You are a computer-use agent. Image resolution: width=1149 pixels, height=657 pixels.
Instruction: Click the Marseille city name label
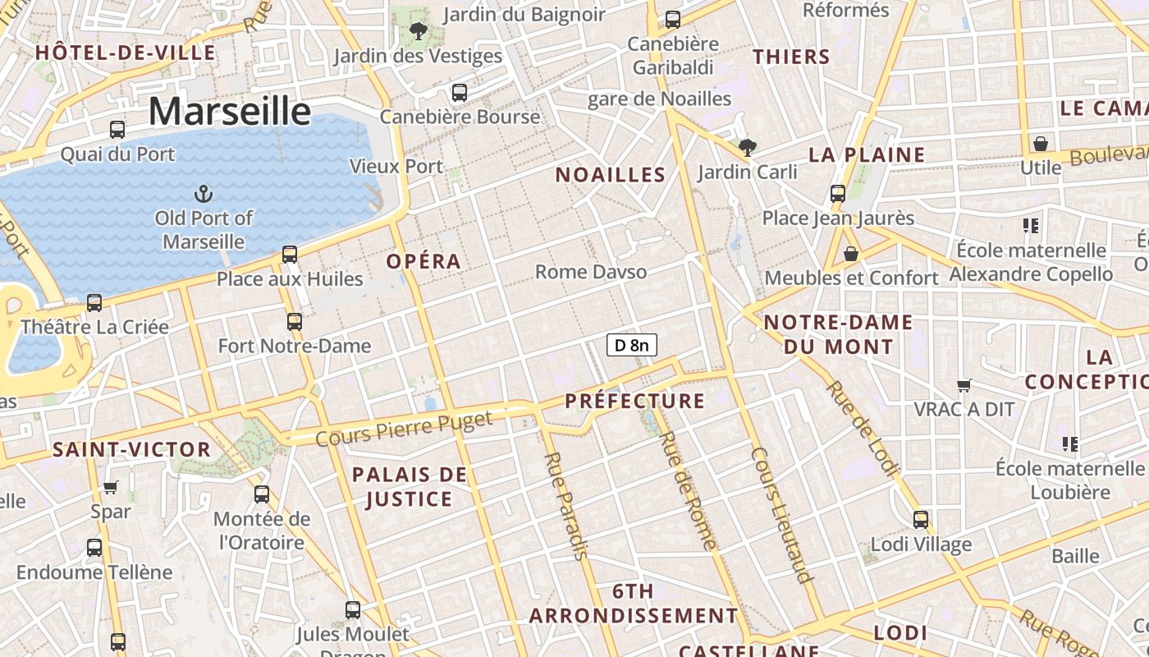click(x=230, y=111)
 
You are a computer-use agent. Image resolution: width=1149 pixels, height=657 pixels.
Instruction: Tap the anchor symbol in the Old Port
click(x=203, y=194)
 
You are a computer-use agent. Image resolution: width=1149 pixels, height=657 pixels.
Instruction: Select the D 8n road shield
click(x=632, y=345)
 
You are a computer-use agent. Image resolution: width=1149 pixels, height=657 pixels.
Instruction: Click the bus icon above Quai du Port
click(x=117, y=129)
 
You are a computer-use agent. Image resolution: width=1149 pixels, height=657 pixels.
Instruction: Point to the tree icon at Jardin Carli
click(x=747, y=148)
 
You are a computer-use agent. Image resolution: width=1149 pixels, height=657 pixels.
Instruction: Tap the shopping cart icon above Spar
click(x=111, y=487)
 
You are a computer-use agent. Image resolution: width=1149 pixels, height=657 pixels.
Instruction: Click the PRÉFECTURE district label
click(x=634, y=401)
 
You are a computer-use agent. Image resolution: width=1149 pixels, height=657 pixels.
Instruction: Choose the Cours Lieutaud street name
click(x=782, y=515)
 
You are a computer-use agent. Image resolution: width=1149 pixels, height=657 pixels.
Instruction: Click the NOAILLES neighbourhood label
click(x=610, y=174)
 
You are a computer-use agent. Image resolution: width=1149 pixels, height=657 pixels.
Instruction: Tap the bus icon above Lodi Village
click(x=921, y=519)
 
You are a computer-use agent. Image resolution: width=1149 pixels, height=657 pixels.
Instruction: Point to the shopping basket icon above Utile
click(x=1041, y=144)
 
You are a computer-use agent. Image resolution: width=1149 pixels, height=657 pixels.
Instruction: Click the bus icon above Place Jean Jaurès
click(x=838, y=194)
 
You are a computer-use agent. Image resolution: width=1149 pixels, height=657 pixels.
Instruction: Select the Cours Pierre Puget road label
click(x=404, y=429)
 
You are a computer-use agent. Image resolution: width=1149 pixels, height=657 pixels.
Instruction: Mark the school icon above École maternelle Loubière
click(x=1069, y=444)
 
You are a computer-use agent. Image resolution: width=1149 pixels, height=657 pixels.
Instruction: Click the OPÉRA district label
click(x=423, y=261)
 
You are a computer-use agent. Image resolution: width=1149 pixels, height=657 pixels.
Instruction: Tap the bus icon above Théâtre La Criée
click(x=94, y=302)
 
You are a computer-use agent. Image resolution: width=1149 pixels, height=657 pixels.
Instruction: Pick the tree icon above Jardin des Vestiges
click(x=418, y=32)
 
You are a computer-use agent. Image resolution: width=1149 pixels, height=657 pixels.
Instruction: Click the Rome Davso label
click(x=591, y=272)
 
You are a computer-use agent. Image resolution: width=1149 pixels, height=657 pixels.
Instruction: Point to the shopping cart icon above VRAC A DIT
click(x=964, y=384)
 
